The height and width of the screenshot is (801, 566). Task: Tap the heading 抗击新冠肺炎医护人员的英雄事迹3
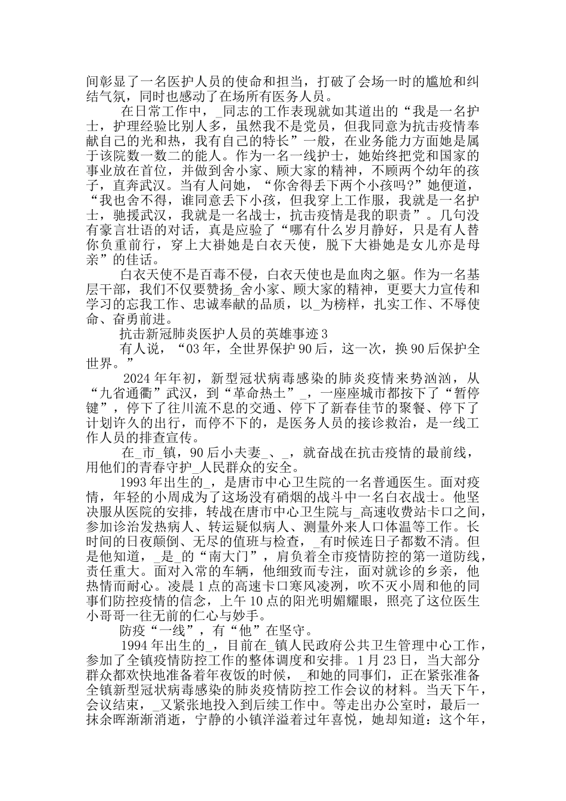click(x=223, y=332)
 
